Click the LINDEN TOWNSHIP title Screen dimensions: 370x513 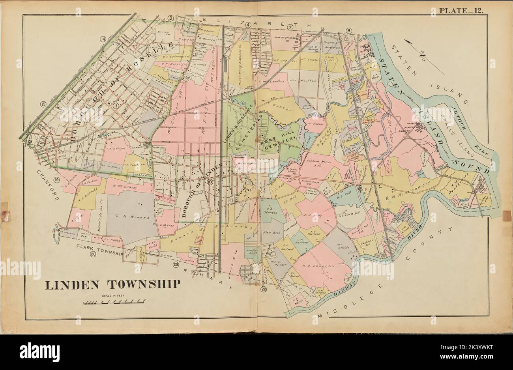coord(112,284)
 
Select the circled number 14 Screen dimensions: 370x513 coord(103,39)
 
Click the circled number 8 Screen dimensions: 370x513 coord(348,30)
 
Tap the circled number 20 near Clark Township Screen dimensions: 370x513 coord(93,254)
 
